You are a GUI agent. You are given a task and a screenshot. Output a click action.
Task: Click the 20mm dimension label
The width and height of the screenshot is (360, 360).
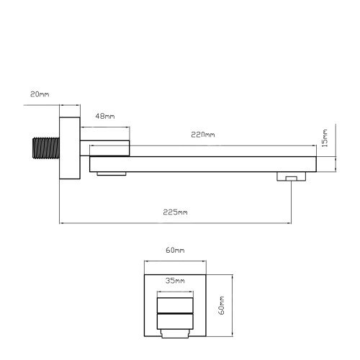pos(40,94)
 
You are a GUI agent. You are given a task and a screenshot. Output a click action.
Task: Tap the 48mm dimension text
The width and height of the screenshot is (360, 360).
pos(105,117)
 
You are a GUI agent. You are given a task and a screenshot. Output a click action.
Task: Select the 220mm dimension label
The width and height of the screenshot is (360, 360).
pos(203,135)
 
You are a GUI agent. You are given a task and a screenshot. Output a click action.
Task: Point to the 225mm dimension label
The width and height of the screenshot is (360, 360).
pos(175,212)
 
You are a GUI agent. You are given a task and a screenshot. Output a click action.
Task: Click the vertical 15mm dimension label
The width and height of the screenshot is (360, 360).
pos(324,138)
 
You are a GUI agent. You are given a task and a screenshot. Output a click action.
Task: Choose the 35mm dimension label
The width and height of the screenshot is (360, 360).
pos(175,281)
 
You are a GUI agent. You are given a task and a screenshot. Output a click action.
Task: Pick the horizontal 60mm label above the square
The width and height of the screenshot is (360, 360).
pos(175,250)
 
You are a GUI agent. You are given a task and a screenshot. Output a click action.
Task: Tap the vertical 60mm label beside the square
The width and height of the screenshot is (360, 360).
pos(222,305)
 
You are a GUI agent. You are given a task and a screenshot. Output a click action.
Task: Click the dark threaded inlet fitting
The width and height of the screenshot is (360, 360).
pos(46,148)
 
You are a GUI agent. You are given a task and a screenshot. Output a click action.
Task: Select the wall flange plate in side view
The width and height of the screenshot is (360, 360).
pos(70,148)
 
